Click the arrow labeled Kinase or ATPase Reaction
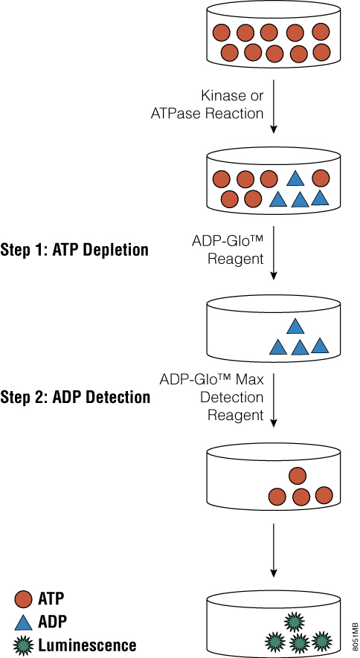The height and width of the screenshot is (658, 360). click(273, 106)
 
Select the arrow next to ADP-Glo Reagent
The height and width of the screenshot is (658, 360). click(273, 253)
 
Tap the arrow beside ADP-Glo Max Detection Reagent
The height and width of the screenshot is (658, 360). click(273, 400)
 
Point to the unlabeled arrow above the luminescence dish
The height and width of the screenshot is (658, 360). click(273, 549)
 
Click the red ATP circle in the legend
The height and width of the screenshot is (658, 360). click(23, 599)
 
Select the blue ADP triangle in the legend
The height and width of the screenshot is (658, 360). click(23, 621)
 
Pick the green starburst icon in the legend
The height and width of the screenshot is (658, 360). click(23, 645)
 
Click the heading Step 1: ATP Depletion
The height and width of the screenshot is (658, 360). click(74, 250)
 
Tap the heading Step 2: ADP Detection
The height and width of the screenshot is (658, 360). click(75, 396)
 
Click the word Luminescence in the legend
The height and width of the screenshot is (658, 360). click(87, 645)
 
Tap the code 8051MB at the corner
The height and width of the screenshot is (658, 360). click(356, 634)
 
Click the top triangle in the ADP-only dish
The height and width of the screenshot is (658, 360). click(295, 326)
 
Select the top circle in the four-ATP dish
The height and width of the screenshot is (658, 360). click(298, 476)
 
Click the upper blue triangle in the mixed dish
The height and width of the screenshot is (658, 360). click(295, 178)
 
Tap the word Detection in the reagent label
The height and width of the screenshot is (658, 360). click(232, 397)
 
